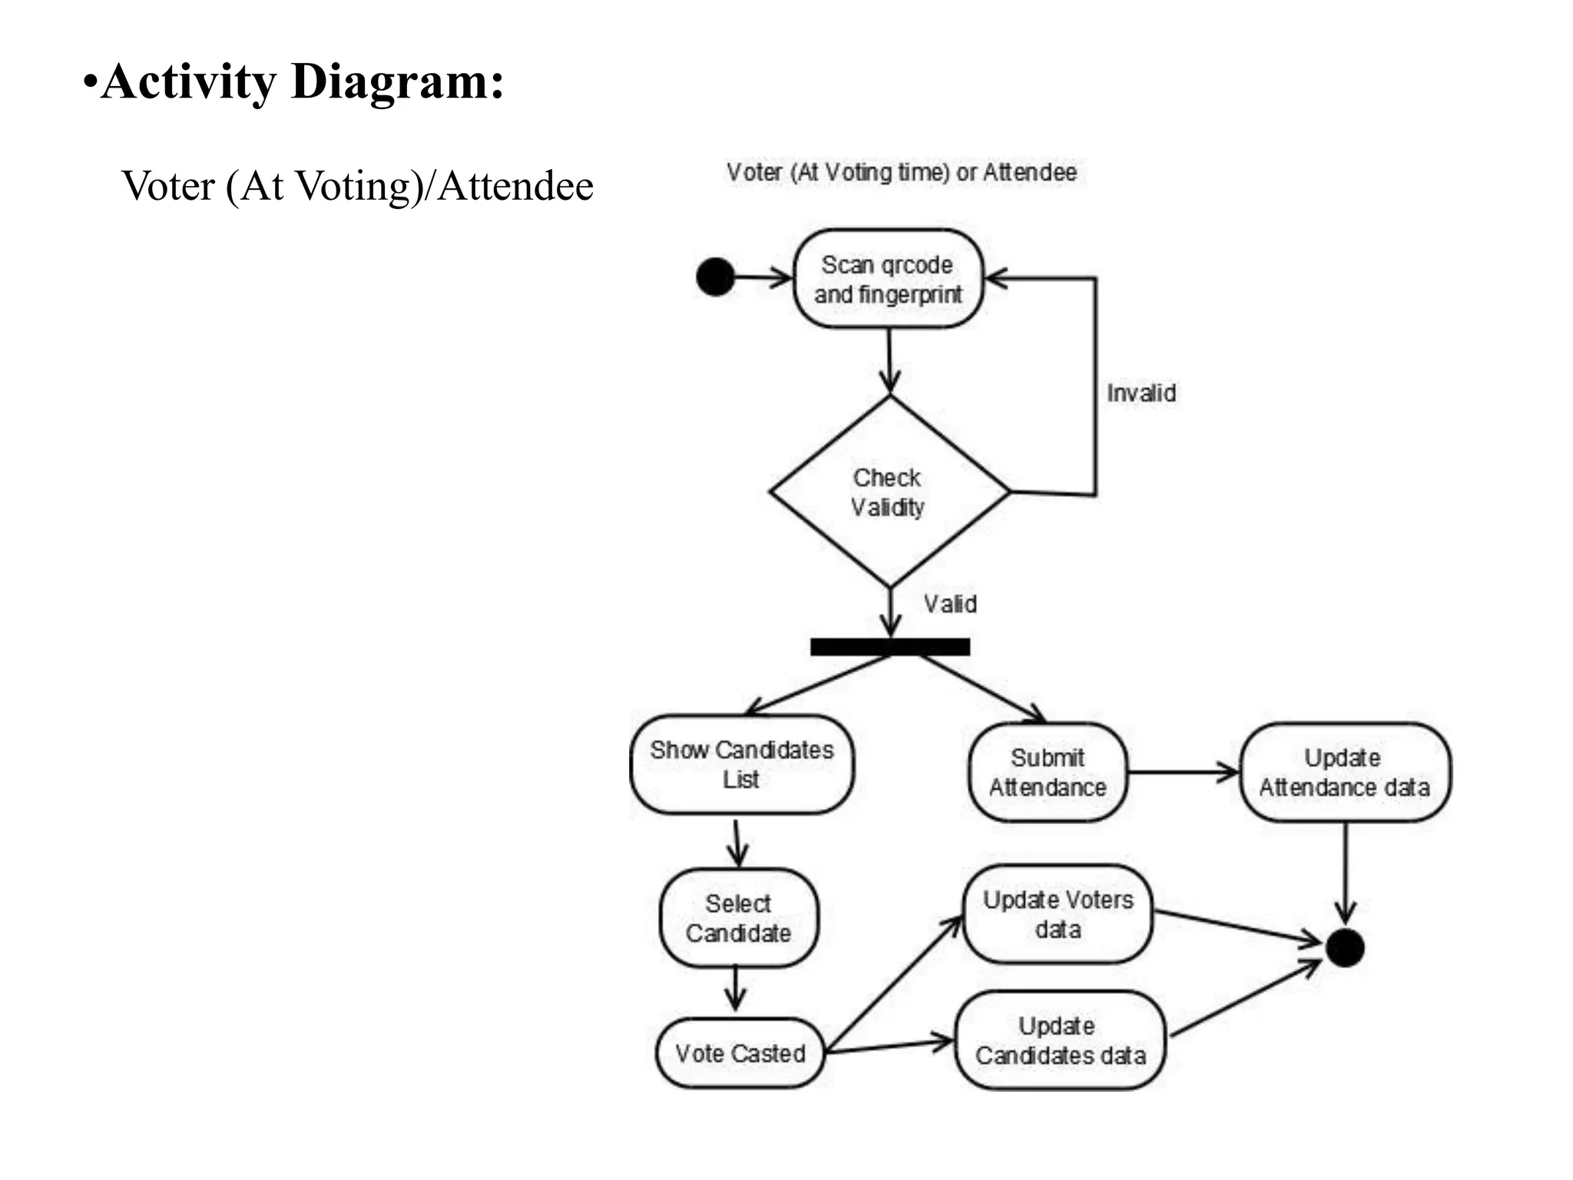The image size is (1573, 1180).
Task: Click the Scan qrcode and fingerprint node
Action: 888,279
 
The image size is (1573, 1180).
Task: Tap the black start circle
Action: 715,277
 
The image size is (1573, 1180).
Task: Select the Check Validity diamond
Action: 889,492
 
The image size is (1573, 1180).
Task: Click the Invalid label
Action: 1141,393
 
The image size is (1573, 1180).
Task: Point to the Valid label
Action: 950,604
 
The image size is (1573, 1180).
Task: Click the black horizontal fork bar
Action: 889,647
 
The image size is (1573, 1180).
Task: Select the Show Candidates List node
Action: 741,764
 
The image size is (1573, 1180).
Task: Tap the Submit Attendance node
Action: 1048,772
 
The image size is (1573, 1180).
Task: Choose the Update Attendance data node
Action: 1344,772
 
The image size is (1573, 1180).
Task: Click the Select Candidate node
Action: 738,918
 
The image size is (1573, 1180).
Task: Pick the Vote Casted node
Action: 740,1053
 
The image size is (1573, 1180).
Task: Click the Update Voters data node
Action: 1058,914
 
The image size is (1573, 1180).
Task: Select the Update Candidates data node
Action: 1060,1040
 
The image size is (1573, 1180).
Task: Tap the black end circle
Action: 1345,948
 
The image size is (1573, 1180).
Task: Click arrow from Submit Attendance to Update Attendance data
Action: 1183,772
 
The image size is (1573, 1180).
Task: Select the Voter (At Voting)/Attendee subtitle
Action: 357,186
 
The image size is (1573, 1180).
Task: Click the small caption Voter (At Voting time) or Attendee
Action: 901,172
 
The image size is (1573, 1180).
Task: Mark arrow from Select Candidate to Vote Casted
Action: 736,989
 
